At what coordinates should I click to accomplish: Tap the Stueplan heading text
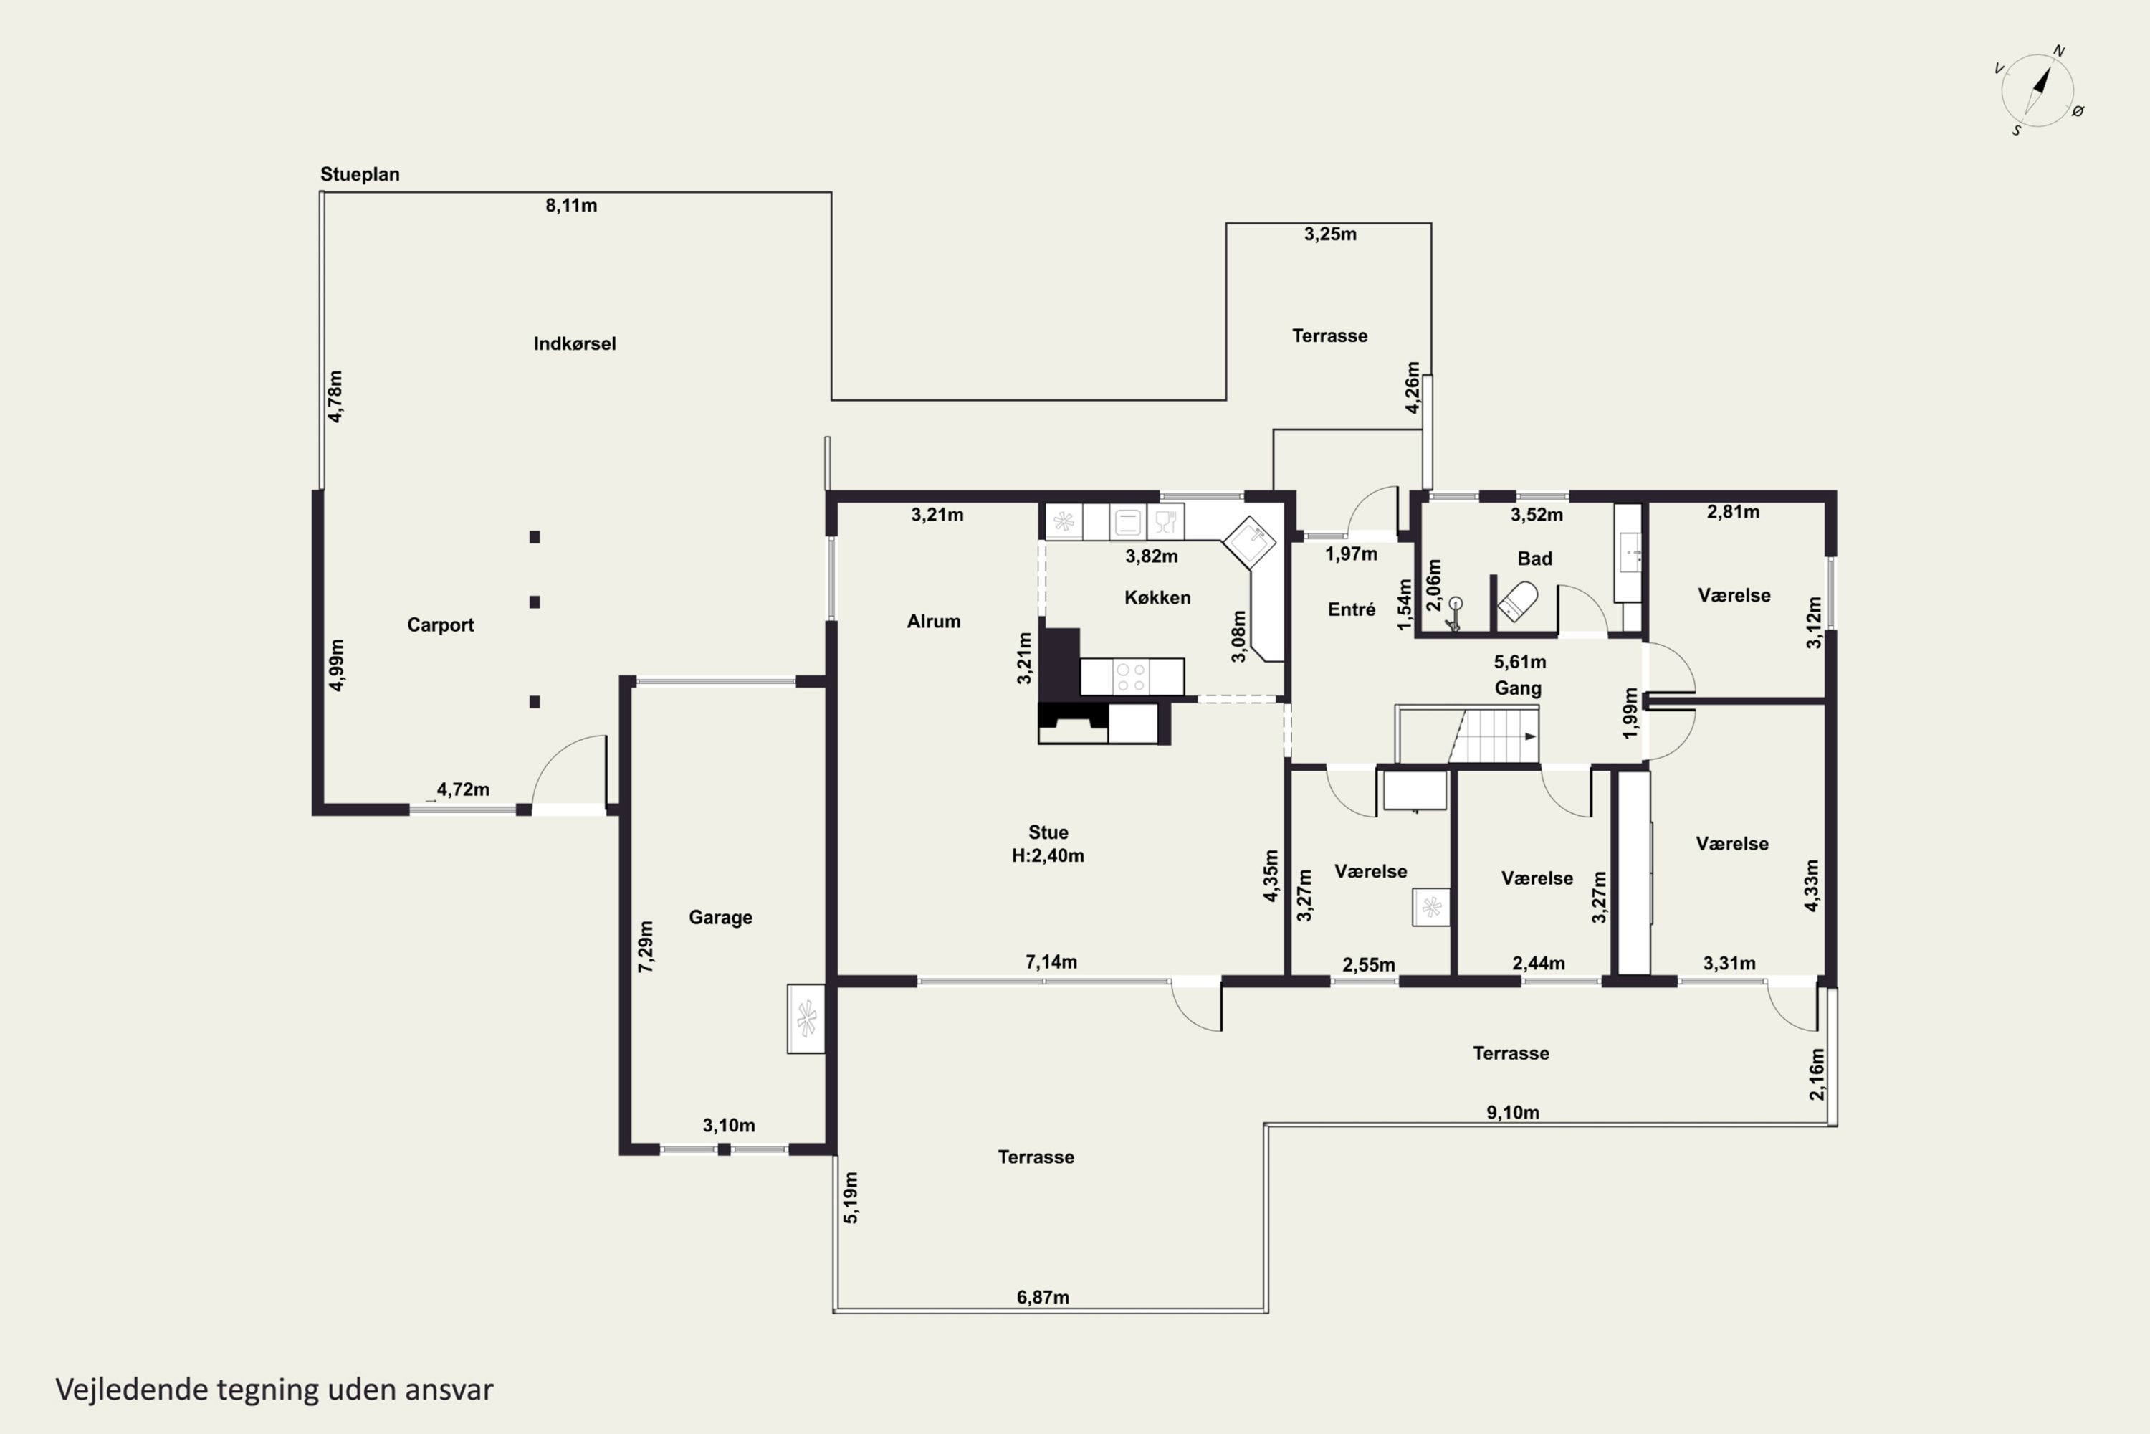[x=359, y=174]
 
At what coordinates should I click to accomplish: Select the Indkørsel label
[x=574, y=344]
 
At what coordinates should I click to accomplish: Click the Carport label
[x=441, y=625]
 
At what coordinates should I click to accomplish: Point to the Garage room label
[x=720, y=917]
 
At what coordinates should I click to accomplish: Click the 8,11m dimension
[x=571, y=206]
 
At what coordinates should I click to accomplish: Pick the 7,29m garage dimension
[x=646, y=946]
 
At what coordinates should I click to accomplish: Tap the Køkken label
[x=1157, y=597]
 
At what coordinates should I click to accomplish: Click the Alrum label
[x=933, y=622]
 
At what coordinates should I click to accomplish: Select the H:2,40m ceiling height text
[x=1048, y=856]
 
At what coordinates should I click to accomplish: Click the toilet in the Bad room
[x=1517, y=602]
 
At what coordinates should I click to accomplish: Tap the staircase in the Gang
[x=1466, y=733]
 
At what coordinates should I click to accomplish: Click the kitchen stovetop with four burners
[x=1131, y=677]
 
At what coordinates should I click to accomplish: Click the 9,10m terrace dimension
[x=1513, y=1113]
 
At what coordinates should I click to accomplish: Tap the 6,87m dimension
[x=1043, y=1298]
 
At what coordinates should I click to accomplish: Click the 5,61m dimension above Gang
[x=1520, y=662]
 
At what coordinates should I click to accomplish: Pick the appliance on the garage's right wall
[x=806, y=1019]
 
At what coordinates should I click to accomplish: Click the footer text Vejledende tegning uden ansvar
[x=274, y=1390]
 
